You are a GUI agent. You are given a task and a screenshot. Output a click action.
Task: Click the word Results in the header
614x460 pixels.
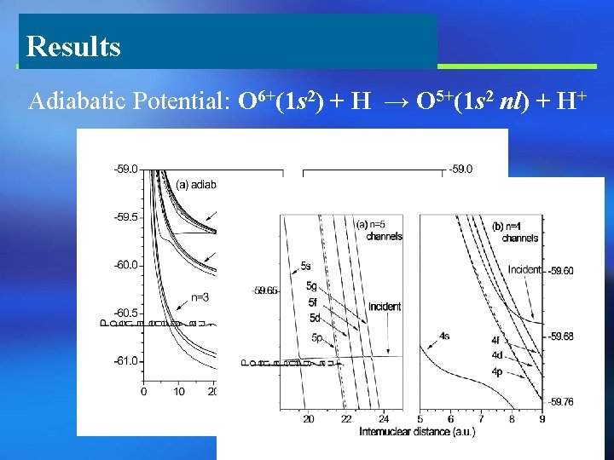coord(73,46)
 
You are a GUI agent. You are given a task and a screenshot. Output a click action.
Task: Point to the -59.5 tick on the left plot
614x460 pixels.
coord(125,217)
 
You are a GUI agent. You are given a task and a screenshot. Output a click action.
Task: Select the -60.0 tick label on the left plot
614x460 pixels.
coord(125,265)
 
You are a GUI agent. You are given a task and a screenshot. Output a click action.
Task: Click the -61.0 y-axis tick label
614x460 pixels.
coord(125,361)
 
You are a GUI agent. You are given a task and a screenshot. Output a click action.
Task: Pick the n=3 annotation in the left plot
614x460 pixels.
coord(199,297)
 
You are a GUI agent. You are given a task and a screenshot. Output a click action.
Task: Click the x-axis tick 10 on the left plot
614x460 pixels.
coord(178,392)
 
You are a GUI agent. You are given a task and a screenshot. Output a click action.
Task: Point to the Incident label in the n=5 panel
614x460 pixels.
coord(385,307)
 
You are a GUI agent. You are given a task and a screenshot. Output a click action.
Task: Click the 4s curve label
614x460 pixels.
coord(444,336)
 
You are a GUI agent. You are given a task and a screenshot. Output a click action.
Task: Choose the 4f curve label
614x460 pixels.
coord(495,341)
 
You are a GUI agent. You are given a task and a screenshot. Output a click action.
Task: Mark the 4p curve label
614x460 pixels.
coord(495,372)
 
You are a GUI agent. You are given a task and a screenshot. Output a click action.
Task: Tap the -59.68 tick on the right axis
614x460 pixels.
coord(561,336)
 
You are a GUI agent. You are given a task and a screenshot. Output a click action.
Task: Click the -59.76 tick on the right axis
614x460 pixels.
coord(561,402)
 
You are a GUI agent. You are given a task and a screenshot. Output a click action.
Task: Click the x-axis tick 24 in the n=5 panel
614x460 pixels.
coord(384,419)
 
